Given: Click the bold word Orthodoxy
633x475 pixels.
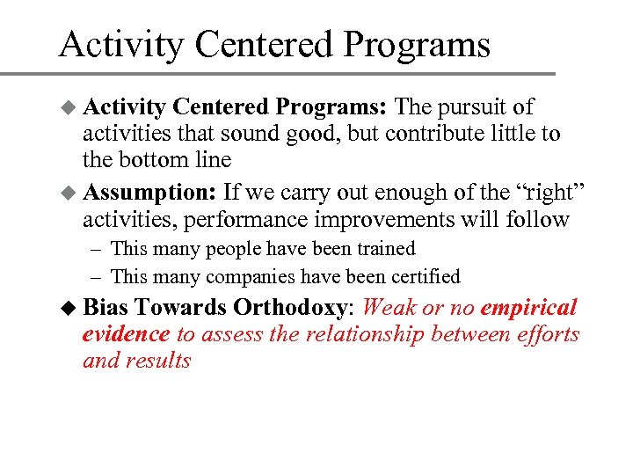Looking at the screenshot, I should click(290, 308).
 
